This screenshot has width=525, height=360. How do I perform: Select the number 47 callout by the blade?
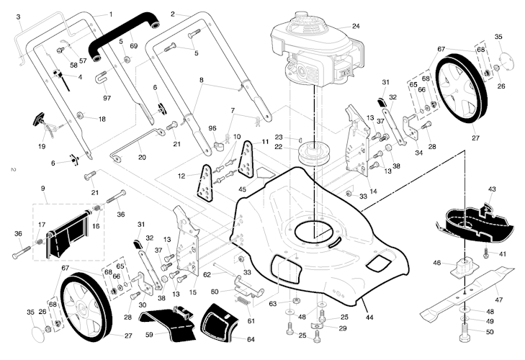point(498,299)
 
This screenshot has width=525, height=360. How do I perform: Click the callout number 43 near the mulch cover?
point(492,189)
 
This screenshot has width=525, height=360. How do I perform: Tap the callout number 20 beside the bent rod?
point(141,157)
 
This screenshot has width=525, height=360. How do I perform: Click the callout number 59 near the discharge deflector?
point(149,334)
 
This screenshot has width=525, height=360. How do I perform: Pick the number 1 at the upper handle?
point(110,14)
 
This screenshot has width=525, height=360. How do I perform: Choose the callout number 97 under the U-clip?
point(107,97)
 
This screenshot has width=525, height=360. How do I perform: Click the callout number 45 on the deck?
point(242,190)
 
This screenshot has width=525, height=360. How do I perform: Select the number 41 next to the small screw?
point(503,253)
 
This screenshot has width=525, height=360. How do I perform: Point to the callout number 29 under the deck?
point(343,328)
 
